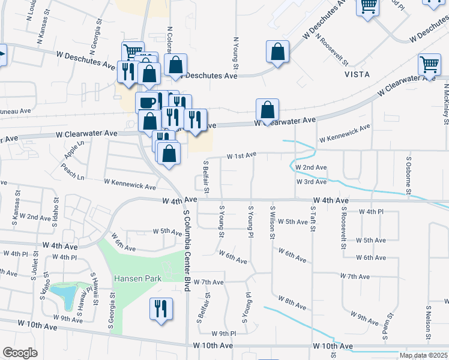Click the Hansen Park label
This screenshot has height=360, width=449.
[x=135, y=279]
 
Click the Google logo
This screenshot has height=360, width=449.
[x=20, y=353]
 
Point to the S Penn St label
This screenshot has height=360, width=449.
[x=390, y=323]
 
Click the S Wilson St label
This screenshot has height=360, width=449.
[x=273, y=224]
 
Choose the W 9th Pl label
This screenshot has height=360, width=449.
[x=224, y=333]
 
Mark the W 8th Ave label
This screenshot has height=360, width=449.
[x=293, y=300]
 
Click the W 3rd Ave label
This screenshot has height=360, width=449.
[x=311, y=181]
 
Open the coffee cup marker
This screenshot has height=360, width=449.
[x=148, y=103]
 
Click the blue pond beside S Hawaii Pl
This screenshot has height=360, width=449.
[x=65, y=295]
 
